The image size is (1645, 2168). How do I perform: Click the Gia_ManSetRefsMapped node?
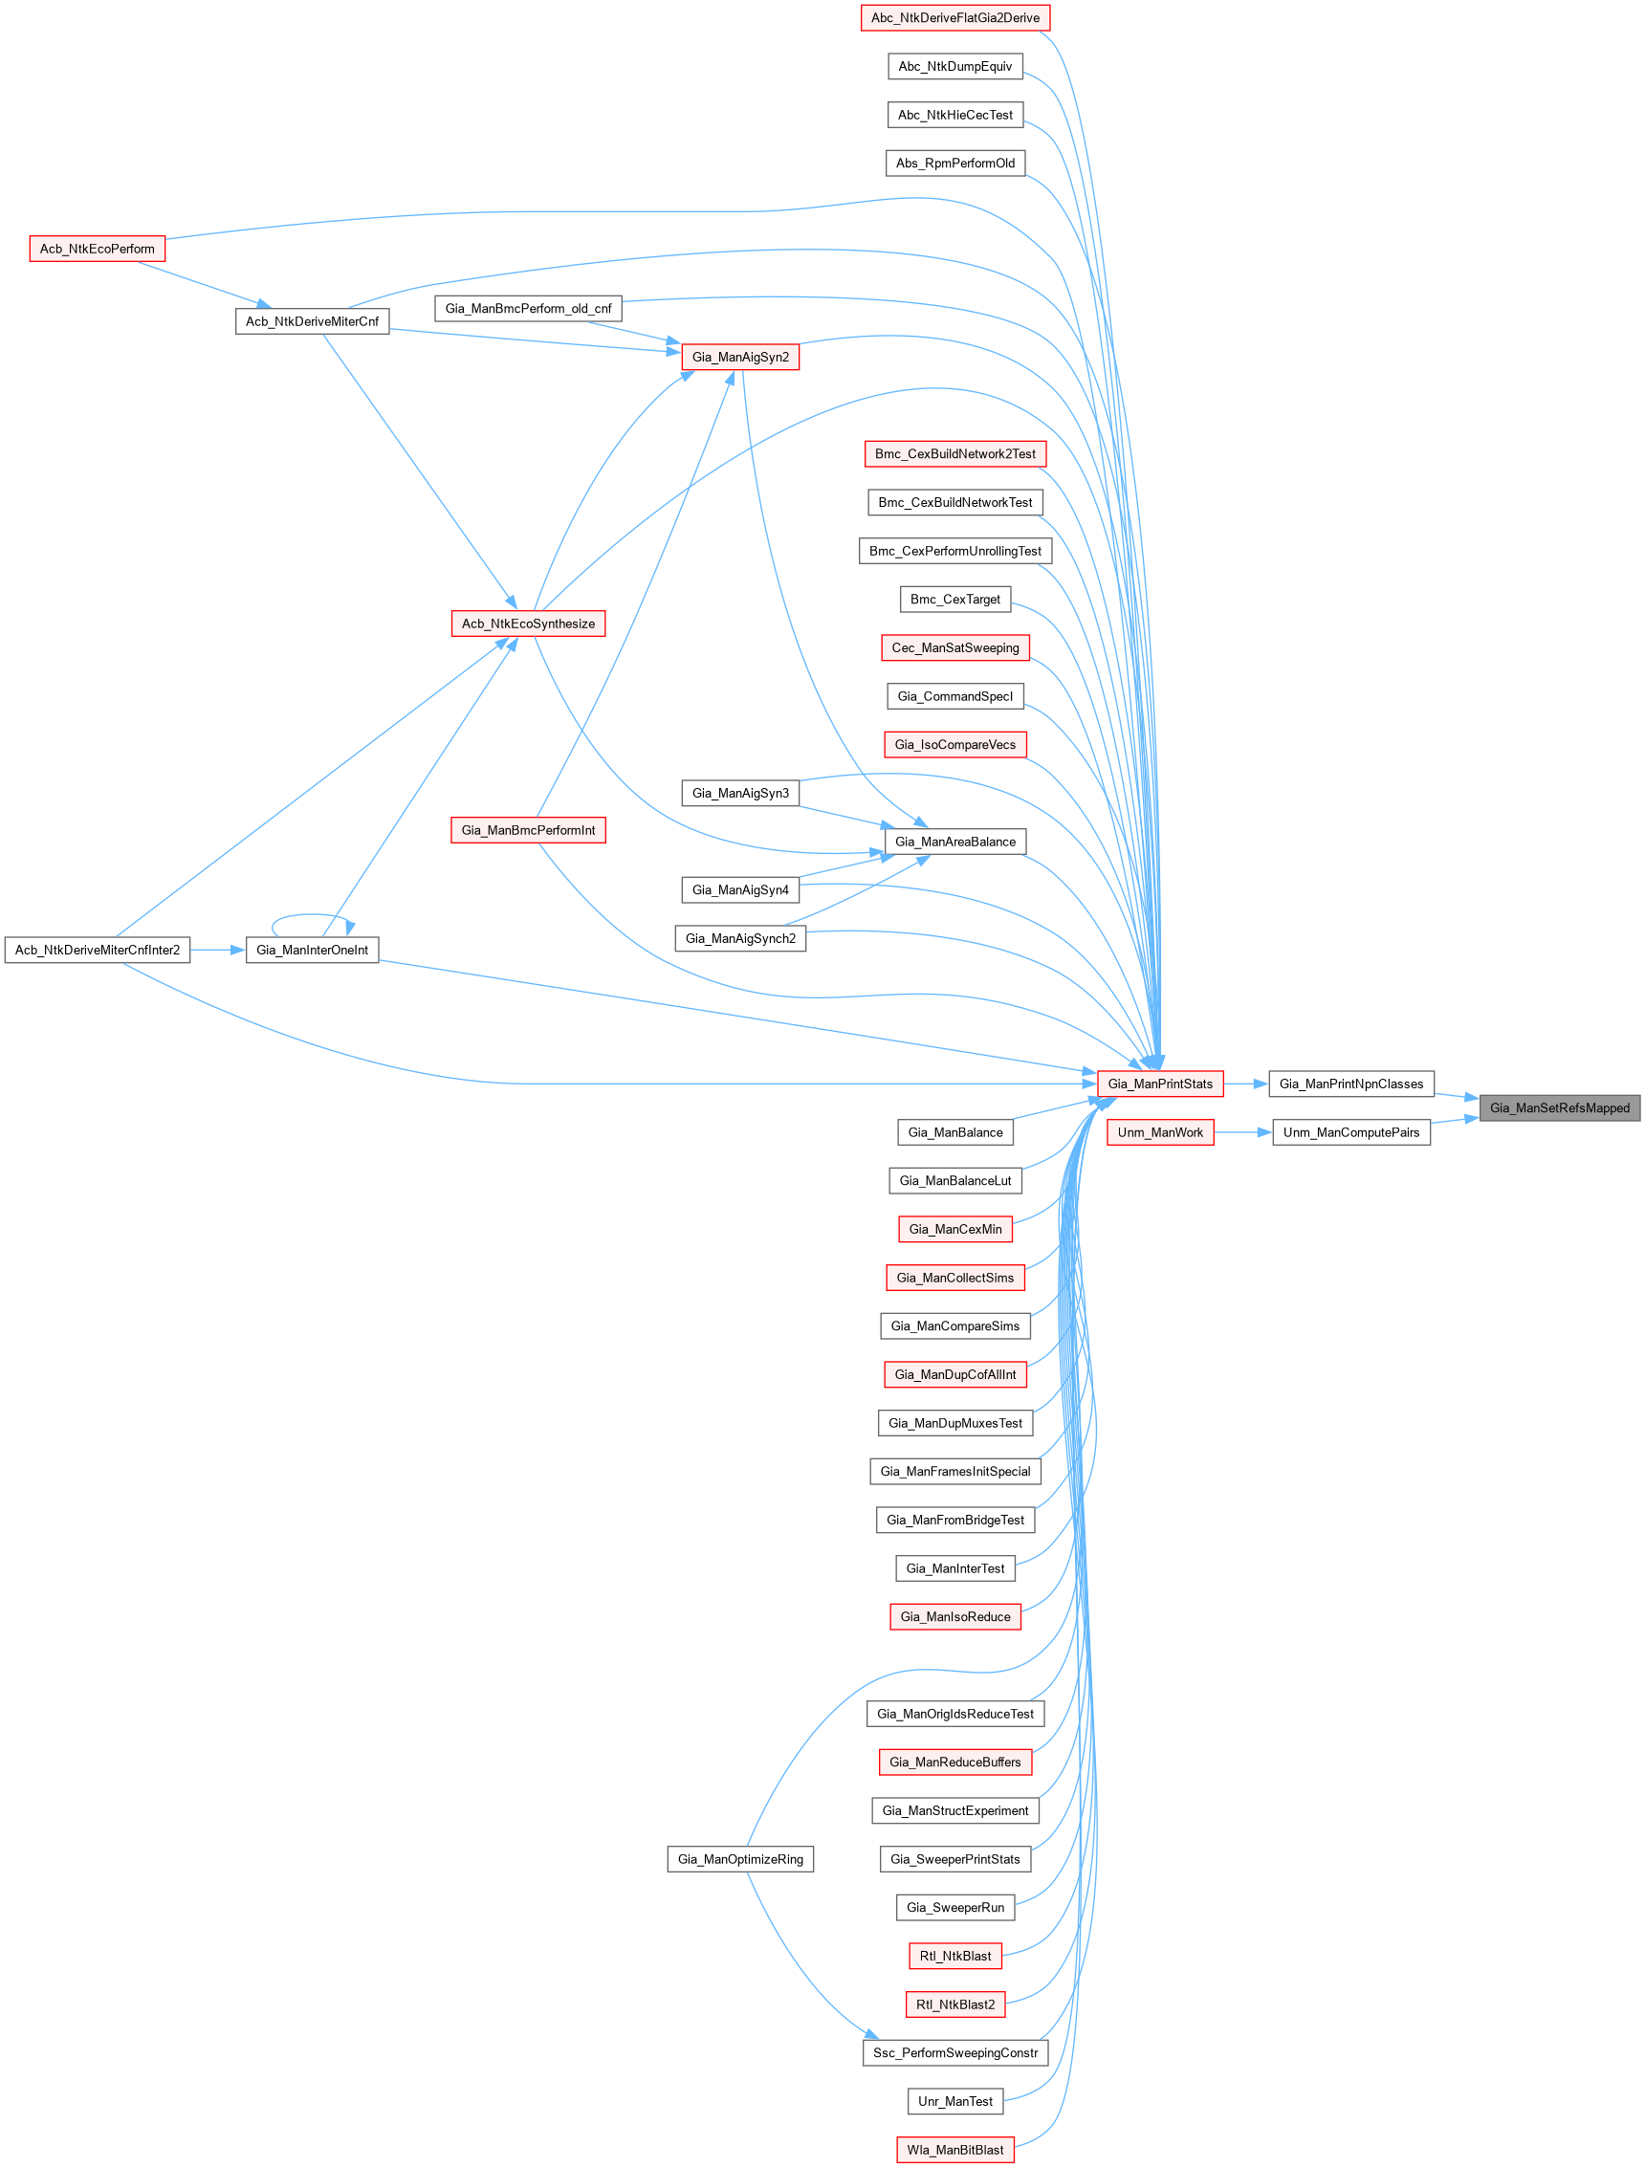click(1559, 1107)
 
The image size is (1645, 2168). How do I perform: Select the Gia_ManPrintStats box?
click(1160, 1083)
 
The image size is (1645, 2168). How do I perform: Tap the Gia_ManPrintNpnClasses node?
click(1350, 1083)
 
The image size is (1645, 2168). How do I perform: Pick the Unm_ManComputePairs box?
click(1350, 1132)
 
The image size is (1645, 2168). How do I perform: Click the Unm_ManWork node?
click(1160, 1132)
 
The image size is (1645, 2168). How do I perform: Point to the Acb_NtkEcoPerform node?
click(97, 249)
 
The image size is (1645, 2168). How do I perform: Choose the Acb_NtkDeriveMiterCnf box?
click(312, 321)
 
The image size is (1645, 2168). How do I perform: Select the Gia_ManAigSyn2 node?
click(740, 357)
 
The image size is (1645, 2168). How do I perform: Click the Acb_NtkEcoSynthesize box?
click(527, 624)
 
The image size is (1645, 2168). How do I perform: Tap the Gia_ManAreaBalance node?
click(954, 841)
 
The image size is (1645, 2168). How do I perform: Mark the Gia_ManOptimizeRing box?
click(740, 1859)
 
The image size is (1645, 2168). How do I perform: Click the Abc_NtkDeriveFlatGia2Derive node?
click(954, 17)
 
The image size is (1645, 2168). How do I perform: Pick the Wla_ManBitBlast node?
click(954, 2150)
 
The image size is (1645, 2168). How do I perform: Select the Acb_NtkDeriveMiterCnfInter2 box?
click(97, 950)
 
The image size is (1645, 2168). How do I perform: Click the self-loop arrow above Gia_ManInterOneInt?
click(311, 915)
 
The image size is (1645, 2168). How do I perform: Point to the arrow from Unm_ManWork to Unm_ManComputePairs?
click(1242, 1132)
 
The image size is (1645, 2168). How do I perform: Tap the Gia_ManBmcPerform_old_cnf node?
click(527, 309)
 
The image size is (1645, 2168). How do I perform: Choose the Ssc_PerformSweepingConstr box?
click(954, 2052)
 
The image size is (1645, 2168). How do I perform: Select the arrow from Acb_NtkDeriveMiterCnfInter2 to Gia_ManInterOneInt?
click(217, 950)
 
